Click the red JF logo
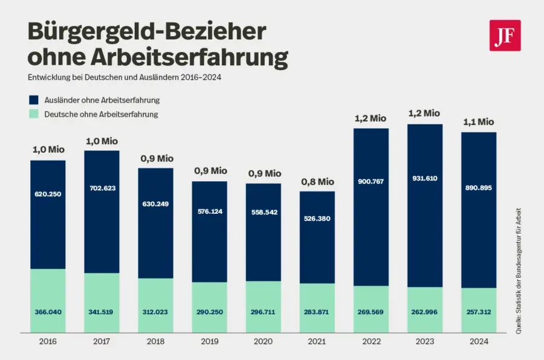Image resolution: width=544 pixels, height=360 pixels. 505,35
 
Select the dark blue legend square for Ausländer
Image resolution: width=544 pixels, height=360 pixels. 34,100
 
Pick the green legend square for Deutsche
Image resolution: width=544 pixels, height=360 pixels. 34,114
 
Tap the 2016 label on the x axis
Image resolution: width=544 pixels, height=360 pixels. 48,342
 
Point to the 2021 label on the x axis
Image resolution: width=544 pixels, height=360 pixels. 317,342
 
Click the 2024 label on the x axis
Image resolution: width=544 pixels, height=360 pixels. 479,342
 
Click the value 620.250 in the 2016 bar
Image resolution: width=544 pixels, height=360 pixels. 48,194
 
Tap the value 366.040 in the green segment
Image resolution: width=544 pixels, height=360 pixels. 48,312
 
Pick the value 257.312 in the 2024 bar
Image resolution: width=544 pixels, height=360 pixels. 479,312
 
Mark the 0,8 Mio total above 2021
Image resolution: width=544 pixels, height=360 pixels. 317,181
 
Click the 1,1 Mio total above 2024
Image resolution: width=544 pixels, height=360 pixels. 479,122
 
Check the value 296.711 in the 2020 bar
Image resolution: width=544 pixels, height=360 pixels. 264,312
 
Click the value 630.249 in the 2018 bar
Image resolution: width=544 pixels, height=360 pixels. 156,204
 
